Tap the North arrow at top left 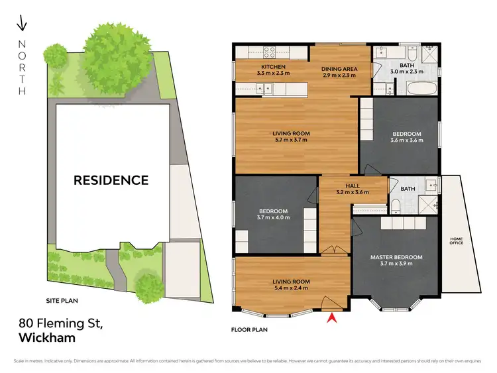(21, 25)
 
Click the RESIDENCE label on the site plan (111, 180)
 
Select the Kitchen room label (273, 68)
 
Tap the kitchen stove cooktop (270, 51)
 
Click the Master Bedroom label (397, 257)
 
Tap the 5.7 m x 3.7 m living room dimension (292, 140)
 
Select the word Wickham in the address (47, 337)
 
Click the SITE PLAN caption (62, 301)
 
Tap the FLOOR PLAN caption (249, 329)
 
